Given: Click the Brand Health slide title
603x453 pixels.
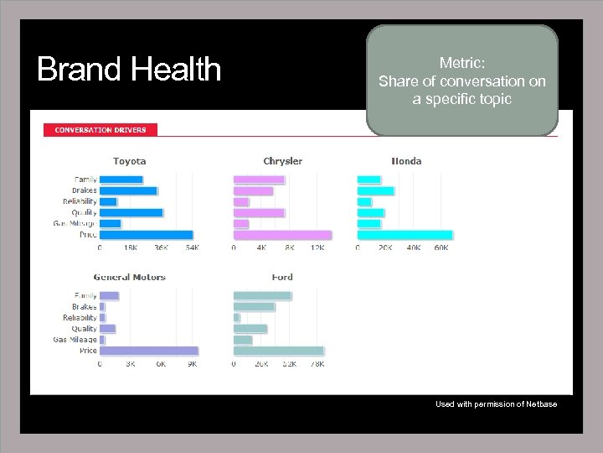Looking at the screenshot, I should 129,70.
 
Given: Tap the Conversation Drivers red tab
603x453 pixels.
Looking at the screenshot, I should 100,130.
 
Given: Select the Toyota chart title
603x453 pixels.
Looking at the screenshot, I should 130,161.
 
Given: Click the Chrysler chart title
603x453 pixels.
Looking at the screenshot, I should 282,161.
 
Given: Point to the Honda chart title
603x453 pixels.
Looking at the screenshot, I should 407,161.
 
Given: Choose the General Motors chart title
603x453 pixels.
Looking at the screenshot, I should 130,277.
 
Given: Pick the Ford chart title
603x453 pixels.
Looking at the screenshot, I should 282,277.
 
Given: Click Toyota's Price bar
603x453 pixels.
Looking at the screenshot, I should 147,235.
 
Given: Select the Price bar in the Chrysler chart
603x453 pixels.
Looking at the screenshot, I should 282,235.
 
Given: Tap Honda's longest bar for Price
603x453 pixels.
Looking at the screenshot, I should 405,235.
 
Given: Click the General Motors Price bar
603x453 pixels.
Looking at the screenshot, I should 149,351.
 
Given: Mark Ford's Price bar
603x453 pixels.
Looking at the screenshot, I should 278,351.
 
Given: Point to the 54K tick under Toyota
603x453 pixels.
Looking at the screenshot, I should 193,248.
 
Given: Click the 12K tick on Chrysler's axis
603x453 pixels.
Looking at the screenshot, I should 317,248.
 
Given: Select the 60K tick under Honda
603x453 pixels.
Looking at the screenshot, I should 441,248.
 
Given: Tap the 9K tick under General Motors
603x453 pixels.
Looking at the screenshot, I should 192,364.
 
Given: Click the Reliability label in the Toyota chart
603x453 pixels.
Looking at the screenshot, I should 80,201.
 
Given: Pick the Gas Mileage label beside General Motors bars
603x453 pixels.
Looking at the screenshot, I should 75,340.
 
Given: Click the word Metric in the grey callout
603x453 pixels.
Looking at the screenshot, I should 461,63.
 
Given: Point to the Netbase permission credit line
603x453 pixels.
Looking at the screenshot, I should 496,404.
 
